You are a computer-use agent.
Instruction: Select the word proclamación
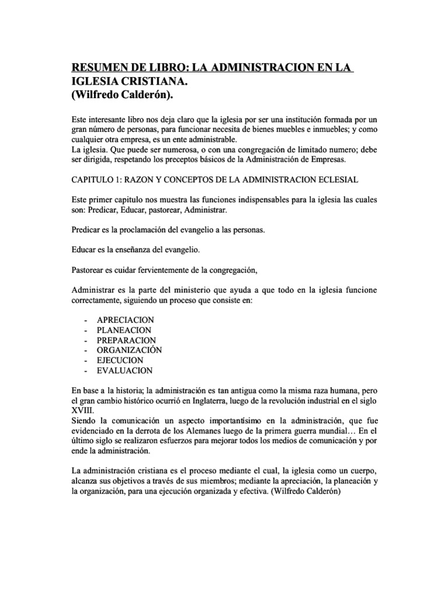145,230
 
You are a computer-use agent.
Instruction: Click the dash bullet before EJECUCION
86,360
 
